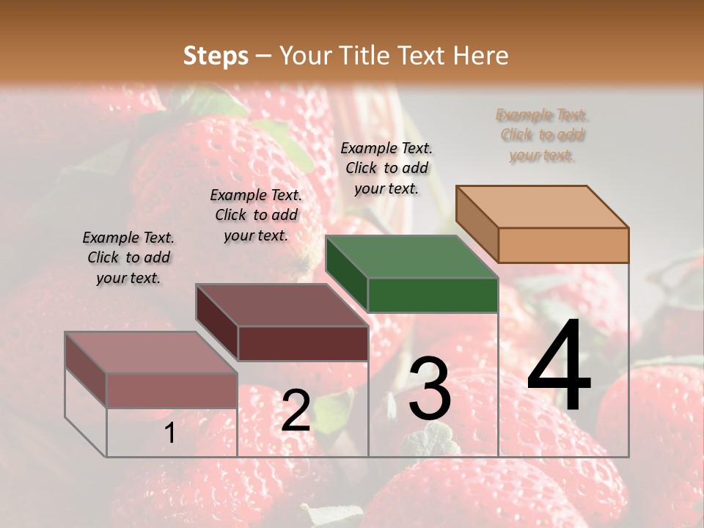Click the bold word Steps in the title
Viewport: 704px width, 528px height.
[216, 56]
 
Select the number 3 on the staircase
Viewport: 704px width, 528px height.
[429, 389]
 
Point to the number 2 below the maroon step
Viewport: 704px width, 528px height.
[296, 411]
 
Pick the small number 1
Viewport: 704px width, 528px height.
[169, 433]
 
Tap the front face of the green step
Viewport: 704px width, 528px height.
[433, 295]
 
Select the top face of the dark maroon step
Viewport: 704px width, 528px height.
[282, 305]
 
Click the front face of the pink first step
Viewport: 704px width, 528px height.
[172, 390]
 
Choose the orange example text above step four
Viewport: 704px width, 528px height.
[542, 135]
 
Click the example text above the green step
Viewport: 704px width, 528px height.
[386, 168]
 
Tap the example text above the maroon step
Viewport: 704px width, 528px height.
[256, 215]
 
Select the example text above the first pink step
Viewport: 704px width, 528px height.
[128, 257]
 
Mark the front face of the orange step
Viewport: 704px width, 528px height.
[563, 245]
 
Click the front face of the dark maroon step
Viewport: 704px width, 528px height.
[303, 343]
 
